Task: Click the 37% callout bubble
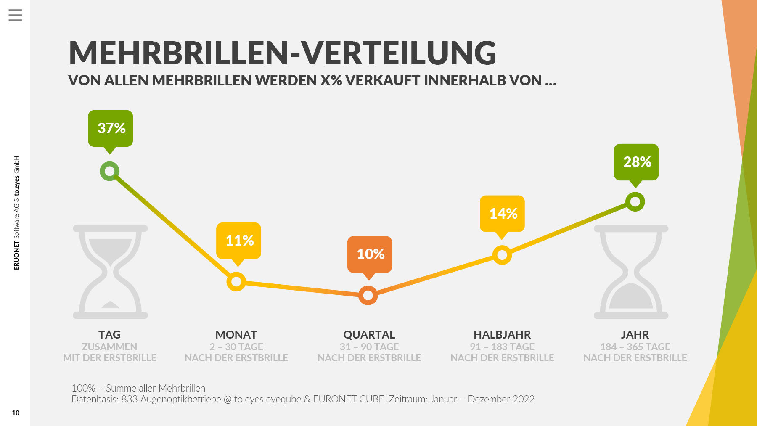pyautogui.click(x=111, y=128)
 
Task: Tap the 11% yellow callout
pyautogui.click(x=239, y=241)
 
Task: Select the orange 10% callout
pyautogui.click(x=370, y=254)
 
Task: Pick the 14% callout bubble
pyautogui.click(x=502, y=214)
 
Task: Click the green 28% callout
pyautogui.click(x=636, y=162)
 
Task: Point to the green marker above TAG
pyautogui.click(x=110, y=171)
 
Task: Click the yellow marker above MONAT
pyautogui.click(x=236, y=281)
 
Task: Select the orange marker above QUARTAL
pyautogui.click(x=368, y=296)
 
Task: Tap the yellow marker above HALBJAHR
pyautogui.click(x=502, y=255)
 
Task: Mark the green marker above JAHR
pyautogui.click(x=635, y=202)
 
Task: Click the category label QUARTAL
pyautogui.click(x=369, y=335)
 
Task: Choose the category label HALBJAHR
pyautogui.click(x=502, y=335)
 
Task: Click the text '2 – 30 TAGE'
pyautogui.click(x=236, y=347)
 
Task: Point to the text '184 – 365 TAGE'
pyautogui.click(x=635, y=347)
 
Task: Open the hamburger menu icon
pyautogui.click(x=15, y=15)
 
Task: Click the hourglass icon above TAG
pyautogui.click(x=110, y=272)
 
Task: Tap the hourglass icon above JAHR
pyautogui.click(x=631, y=272)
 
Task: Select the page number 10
pyautogui.click(x=16, y=413)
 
